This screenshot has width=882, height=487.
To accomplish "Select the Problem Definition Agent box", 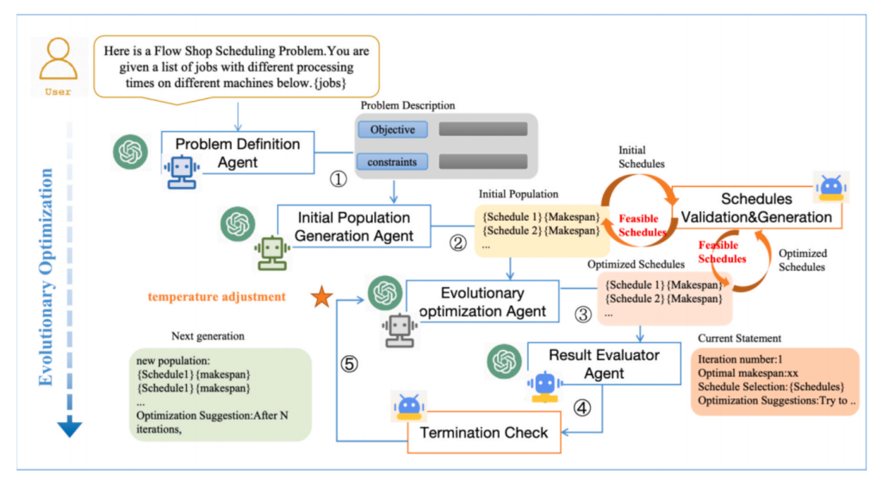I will tap(238, 153).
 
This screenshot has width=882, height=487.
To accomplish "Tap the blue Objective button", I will tap(393, 130).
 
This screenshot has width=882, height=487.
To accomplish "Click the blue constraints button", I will tap(393, 161).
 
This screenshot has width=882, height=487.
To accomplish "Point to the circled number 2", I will tap(458, 242).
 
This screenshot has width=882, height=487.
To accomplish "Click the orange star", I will tap(321, 297).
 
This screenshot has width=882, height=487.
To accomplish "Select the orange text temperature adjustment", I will tap(216, 297).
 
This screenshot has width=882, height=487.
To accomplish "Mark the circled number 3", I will tap(583, 315).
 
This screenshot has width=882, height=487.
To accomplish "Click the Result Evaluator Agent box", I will tap(604, 363).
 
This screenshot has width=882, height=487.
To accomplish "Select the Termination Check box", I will tap(483, 432).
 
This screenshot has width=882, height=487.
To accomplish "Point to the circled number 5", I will tap(349, 365).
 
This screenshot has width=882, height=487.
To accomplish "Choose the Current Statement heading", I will tap(740, 338).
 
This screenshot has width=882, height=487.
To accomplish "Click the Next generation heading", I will tap(208, 335).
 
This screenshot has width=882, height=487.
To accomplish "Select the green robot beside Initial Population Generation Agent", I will tap(270, 251).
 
